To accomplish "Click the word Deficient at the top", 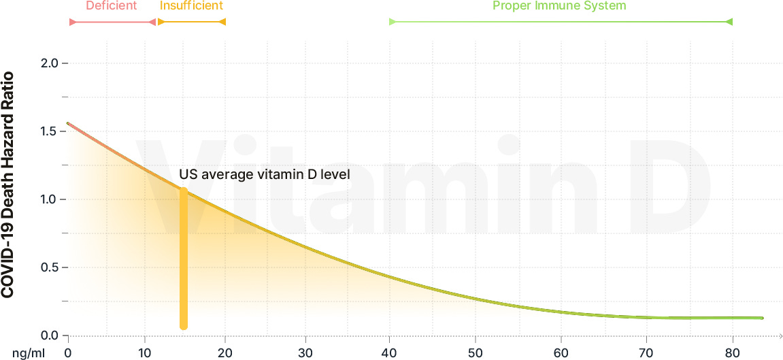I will (112, 6).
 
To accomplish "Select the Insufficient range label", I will (191, 6).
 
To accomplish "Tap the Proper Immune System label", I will (559, 6).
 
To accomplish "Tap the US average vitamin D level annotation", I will (265, 174).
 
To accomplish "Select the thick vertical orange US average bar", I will (184, 259).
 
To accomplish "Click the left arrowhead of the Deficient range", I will (73, 22).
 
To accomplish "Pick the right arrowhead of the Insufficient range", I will (222, 22).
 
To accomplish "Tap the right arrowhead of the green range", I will (729, 22).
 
